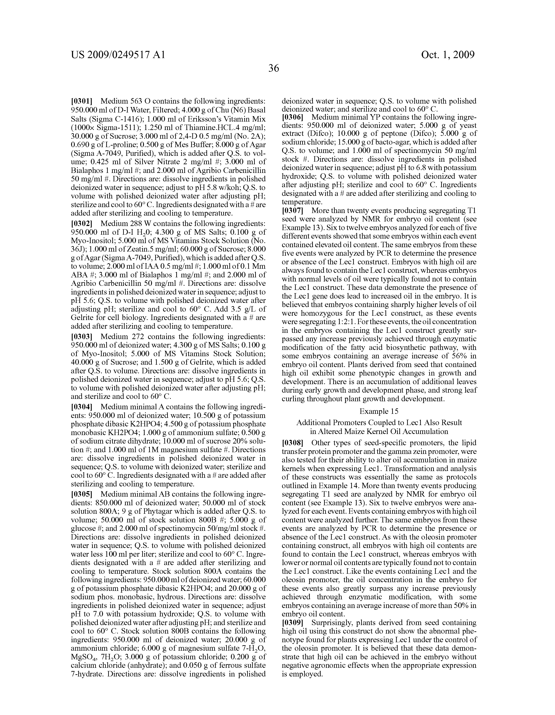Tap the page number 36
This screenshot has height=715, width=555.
pos(274,68)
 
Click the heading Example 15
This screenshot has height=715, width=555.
pos(379,411)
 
